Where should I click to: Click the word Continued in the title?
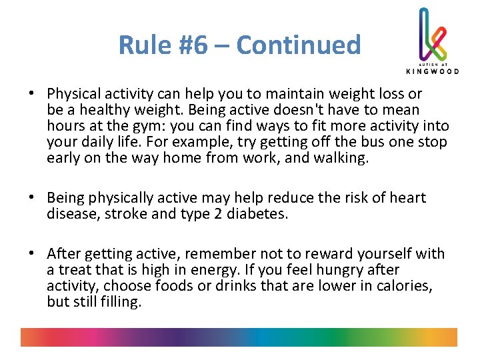tap(298, 45)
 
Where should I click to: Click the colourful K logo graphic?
tap(432, 33)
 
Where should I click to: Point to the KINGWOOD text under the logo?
tap(432, 71)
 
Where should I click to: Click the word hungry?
tap(333, 269)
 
